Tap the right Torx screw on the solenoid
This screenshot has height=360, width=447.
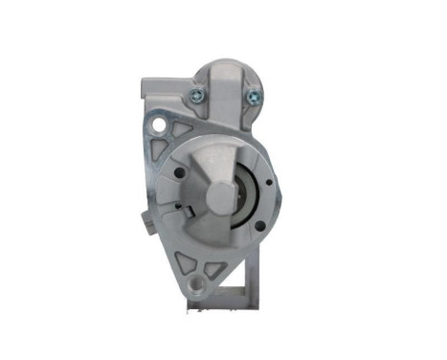pyautogui.click(x=253, y=95)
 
